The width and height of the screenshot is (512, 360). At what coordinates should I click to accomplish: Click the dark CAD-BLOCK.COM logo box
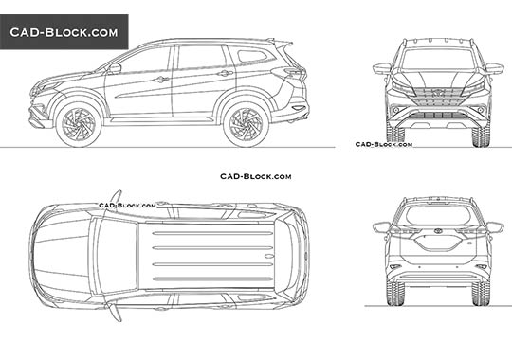coord(64,33)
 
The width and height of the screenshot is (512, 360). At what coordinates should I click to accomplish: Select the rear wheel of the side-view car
coord(246,124)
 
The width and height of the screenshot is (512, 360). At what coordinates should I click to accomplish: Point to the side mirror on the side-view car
coord(115,68)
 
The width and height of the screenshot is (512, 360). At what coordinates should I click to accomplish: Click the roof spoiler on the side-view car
coord(281,43)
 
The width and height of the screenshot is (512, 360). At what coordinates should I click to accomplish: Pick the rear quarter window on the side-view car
coord(253,56)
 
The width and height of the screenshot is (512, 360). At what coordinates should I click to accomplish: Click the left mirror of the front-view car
coord(382,68)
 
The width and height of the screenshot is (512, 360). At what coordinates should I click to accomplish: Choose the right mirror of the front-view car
coord(494,68)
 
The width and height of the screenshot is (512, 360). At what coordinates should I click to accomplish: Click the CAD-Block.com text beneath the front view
coord(383,144)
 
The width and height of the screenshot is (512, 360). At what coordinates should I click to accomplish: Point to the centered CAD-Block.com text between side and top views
coord(255,176)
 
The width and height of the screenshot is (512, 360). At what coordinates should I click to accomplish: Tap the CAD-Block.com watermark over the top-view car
coord(127,205)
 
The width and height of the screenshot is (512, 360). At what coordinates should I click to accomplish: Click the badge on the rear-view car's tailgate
coord(438,237)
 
